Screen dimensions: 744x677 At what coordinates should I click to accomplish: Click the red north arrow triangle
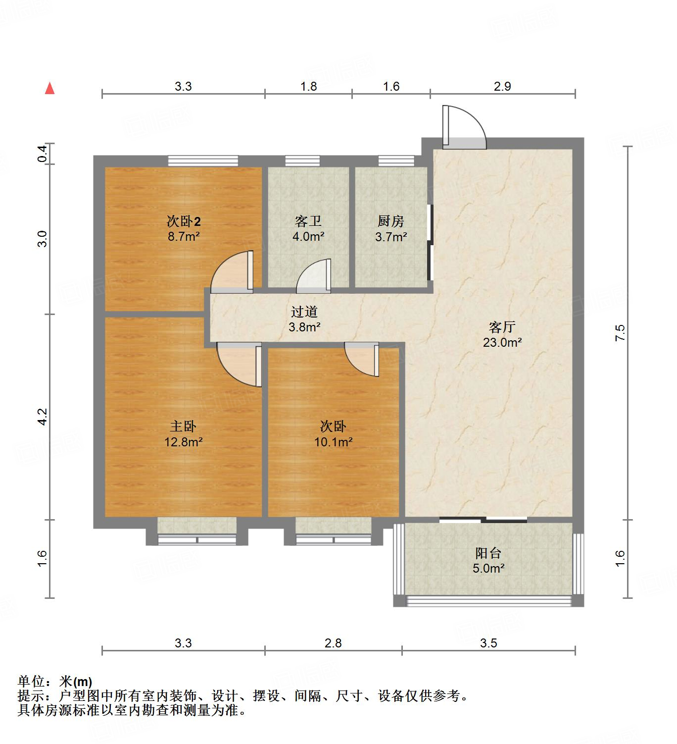click(x=49, y=88)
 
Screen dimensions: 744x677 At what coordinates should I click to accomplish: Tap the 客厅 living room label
click(x=502, y=327)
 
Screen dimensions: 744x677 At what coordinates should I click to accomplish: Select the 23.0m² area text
click(x=502, y=342)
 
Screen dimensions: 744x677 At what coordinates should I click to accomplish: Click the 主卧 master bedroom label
click(x=183, y=426)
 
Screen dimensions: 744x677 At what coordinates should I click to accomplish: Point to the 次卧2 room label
click(x=184, y=221)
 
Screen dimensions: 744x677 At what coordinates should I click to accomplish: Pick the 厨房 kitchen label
click(x=391, y=221)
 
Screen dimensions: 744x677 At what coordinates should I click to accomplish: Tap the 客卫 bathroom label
click(x=308, y=221)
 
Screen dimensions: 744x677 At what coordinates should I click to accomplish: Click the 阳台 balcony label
click(x=488, y=553)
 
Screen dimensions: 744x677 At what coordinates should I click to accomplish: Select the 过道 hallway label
click(x=304, y=312)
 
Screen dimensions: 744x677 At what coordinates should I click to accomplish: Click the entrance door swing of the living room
click(x=464, y=128)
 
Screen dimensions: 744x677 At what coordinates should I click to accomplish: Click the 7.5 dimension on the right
click(x=621, y=332)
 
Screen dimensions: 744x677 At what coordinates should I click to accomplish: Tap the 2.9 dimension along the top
click(x=502, y=86)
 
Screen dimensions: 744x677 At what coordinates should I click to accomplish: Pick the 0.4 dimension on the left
click(x=43, y=154)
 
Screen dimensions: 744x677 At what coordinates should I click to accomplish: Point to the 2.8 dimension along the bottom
click(x=333, y=643)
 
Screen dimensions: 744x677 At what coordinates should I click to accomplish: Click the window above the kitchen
click(x=396, y=160)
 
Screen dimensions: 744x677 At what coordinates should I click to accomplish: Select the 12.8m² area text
click(x=184, y=442)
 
